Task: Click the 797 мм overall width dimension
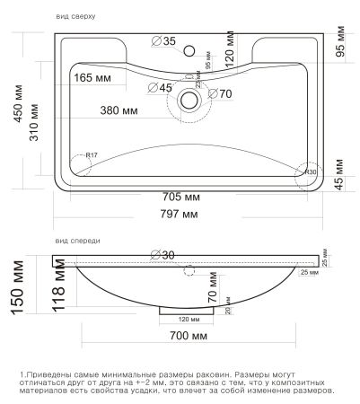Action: pyautogui.click(x=184, y=215)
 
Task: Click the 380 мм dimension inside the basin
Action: pyautogui.click(x=119, y=112)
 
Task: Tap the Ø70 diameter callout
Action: pyautogui.click(x=220, y=92)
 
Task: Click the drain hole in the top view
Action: pyautogui.click(x=189, y=99)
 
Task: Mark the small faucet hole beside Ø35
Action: pyautogui.click(x=190, y=50)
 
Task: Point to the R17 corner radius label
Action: pyautogui.click(x=90, y=156)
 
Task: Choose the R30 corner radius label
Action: pyautogui.click(x=311, y=171)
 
